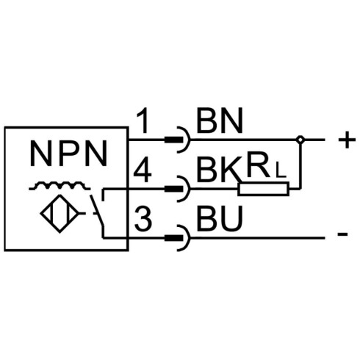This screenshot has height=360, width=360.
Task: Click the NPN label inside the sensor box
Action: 68,154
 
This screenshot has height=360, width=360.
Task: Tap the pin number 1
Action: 143,121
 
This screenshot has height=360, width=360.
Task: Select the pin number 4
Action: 143,170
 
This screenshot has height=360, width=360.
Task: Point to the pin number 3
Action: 143,219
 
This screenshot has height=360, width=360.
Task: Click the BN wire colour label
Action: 220,120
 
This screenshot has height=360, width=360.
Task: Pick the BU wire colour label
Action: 220,219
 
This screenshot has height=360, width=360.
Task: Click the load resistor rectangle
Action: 263,189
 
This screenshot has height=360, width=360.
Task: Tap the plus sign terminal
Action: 347,140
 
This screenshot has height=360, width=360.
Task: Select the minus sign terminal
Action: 342,234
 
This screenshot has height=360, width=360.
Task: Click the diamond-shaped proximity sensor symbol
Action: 60,214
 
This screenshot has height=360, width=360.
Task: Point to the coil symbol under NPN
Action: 60,186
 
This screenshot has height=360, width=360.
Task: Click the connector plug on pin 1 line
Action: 178,140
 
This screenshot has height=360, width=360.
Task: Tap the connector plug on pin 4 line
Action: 178,189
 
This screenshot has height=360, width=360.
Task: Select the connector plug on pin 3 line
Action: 178,238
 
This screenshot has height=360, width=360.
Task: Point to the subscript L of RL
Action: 281,171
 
